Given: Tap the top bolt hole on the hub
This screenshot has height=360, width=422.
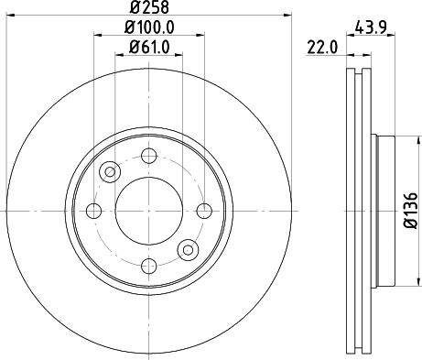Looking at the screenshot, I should (x=149, y=155).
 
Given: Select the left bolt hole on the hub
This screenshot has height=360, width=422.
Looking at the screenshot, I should (x=93, y=211).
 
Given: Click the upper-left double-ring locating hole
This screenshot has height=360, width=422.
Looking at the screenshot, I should (x=111, y=170).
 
